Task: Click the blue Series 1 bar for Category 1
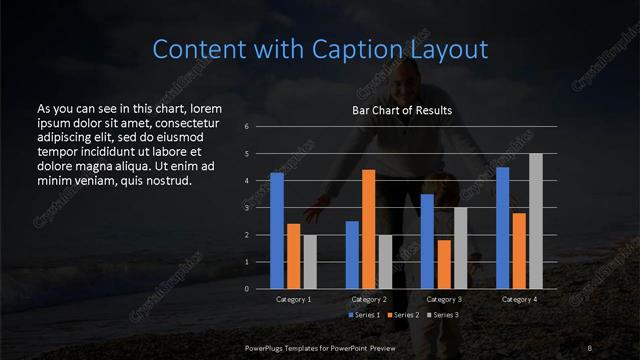pos(277,231)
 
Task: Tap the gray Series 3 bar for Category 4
pos(535,221)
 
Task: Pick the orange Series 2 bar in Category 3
pos(444,264)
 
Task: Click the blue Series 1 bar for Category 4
pos(503,228)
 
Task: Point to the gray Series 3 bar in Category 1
pos(309,262)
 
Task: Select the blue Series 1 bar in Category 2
pos(352,255)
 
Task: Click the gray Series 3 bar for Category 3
pos(460,248)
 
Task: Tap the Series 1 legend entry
pos(364,315)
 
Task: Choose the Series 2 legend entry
pos(402,315)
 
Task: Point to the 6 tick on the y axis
pos(246,127)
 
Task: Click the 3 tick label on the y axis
pos(246,208)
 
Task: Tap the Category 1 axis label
pos(293,299)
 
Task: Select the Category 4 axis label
pos(519,299)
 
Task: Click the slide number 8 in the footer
pos(591,346)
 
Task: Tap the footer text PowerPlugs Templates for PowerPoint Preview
pos(320,346)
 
